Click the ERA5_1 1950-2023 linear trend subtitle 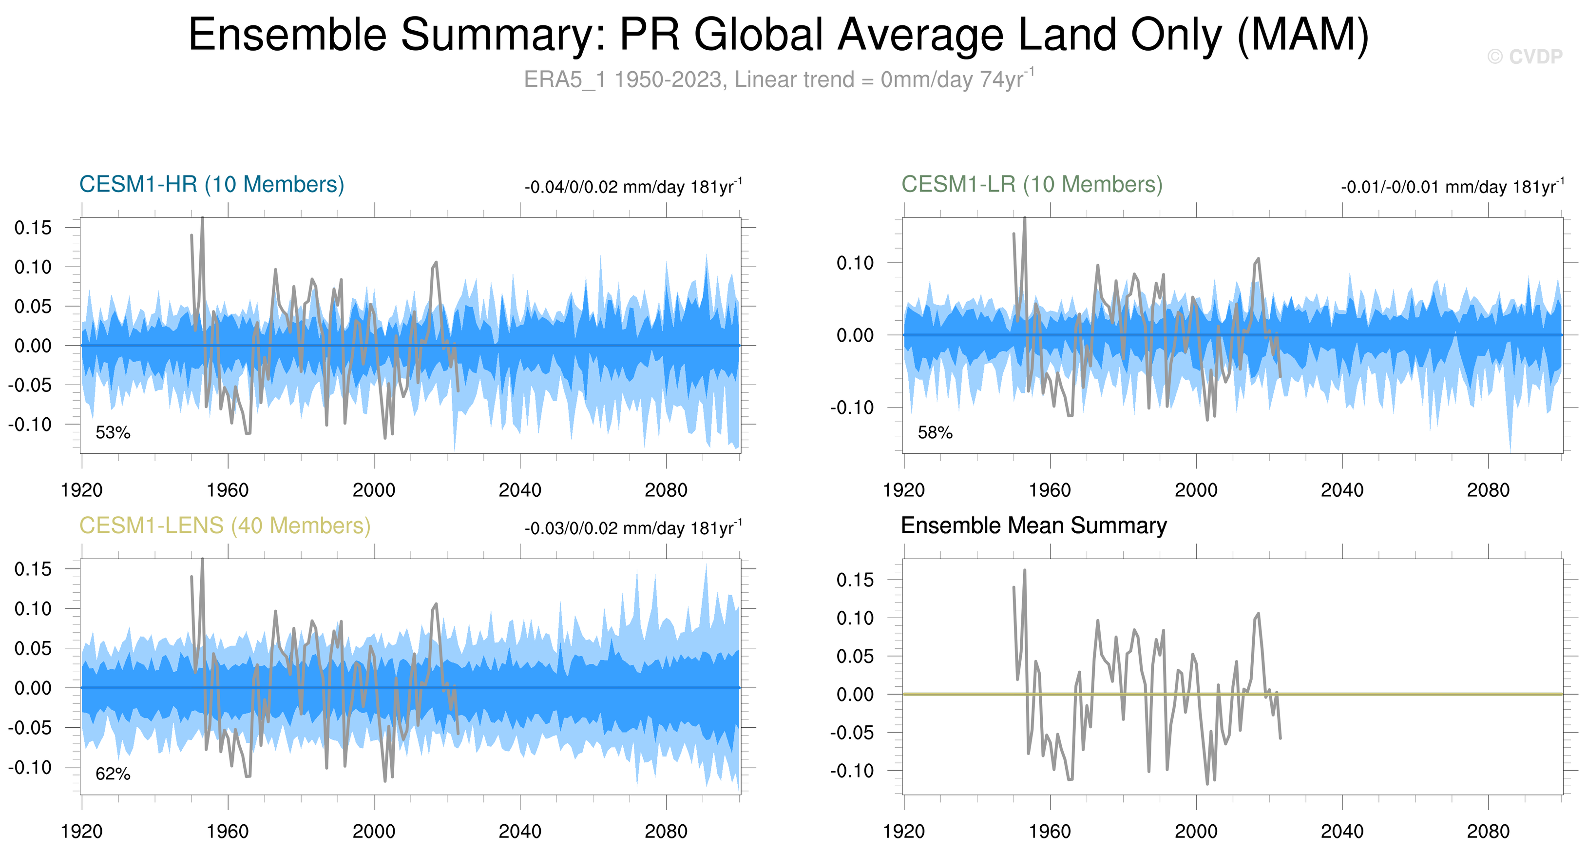tap(778, 79)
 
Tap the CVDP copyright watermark tap(1525, 57)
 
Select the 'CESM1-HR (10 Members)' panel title tap(211, 184)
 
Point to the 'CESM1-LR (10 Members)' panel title tap(1032, 184)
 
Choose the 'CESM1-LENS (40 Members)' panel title tap(225, 525)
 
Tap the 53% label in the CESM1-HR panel tap(113, 432)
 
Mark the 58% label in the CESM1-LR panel tap(935, 432)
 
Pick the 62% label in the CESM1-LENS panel tap(113, 774)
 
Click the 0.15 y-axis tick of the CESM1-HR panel tap(33, 228)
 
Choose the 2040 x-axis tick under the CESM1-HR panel tap(519, 490)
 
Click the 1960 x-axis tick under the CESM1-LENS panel tap(228, 832)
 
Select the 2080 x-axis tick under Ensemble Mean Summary tap(1488, 832)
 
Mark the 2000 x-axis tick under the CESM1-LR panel tap(1196, 490)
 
